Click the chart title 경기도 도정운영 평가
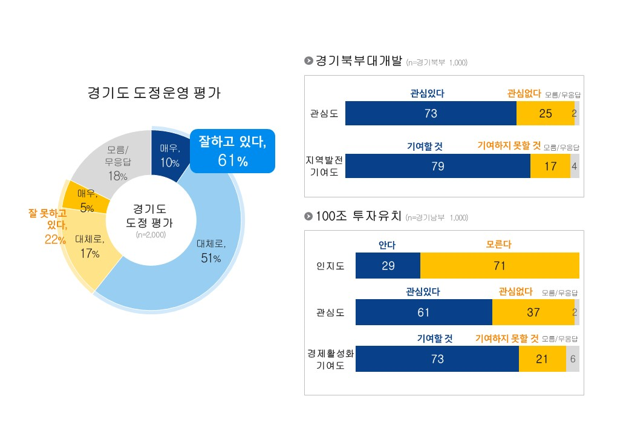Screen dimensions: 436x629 [154, 93]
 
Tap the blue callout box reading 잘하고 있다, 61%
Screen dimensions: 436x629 [232, 151]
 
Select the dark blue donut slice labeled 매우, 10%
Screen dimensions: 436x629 [169, 154]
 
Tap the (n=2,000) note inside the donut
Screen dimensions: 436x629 [151, 234]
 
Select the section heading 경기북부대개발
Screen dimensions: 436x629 [354, 61]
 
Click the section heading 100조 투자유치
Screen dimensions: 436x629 [354, 216]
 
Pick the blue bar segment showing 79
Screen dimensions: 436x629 [437, 166]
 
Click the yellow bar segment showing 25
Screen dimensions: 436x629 [545, 113]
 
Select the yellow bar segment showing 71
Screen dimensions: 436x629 [499, 266]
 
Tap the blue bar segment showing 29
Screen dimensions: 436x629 [388, 266]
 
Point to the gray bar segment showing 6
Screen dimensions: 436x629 [572, 358]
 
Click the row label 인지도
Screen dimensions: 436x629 [330, 266]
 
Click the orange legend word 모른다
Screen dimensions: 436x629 [499, 245]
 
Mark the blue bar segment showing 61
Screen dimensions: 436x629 [423, 312]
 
